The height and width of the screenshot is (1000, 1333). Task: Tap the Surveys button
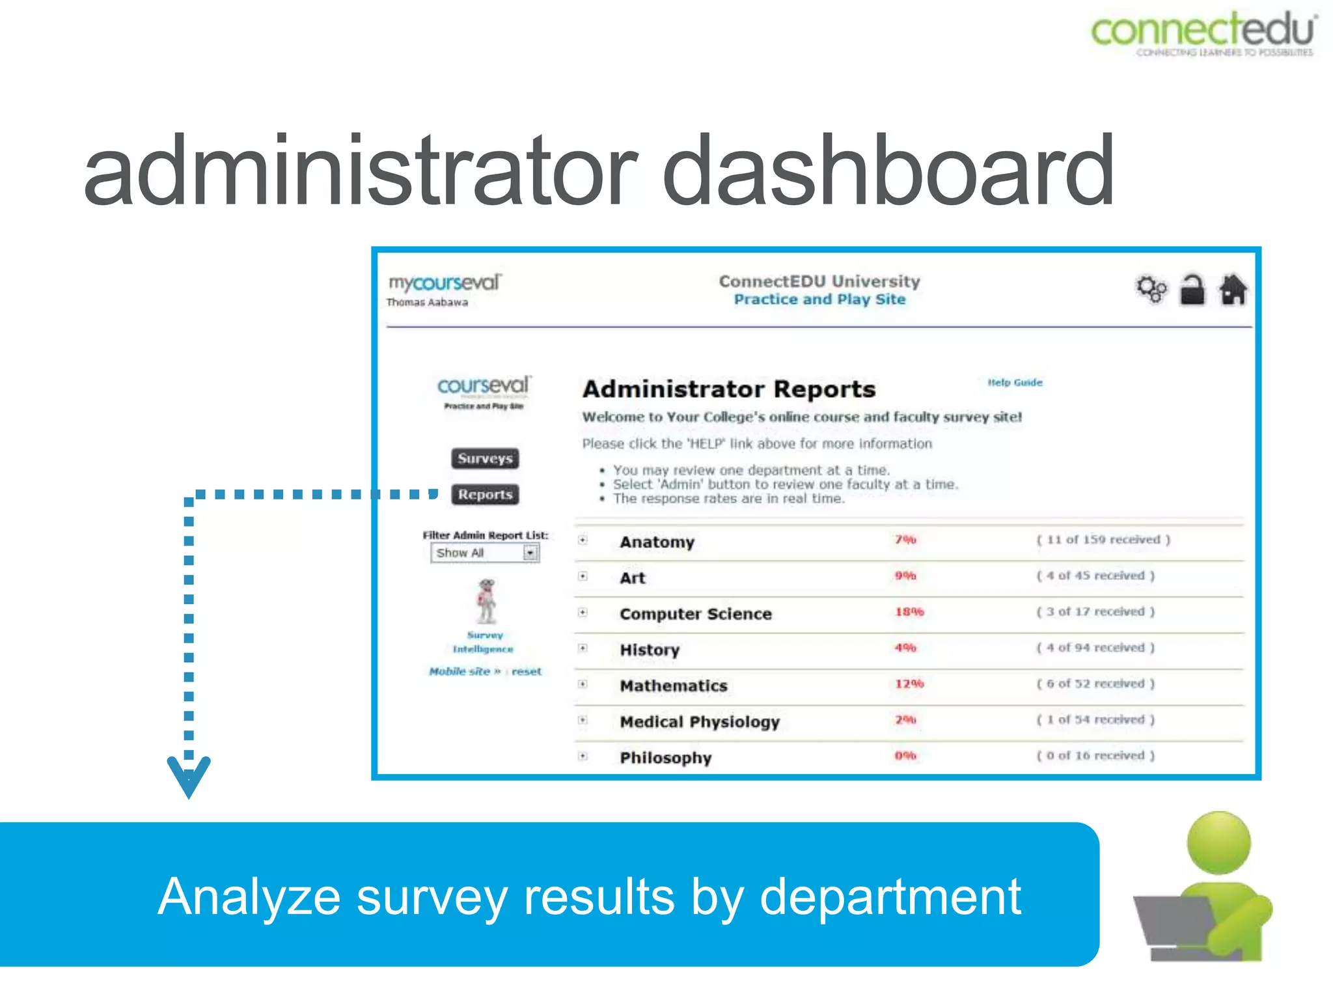tap(485, 458)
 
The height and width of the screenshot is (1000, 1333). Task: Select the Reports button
tap(485, 495)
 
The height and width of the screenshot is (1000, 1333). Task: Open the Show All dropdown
tap(530, 553)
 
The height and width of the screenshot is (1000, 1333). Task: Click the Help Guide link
tap(1015, 383)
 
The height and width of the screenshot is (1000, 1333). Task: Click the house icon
tap(1233, 290)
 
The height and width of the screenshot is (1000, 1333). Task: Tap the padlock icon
tap(1192, 290)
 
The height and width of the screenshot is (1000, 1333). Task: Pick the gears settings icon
tap(1151, 290)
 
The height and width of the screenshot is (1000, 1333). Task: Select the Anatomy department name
tap(657, 542)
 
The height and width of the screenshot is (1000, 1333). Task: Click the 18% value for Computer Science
tap(909, 612)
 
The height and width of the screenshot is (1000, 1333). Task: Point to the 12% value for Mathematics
tap(909, 684)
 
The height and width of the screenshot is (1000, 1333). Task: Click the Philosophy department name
tap(665, 758)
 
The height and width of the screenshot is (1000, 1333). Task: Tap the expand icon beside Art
tap(583, 576)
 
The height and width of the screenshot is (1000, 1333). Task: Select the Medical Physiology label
tap(699, 722)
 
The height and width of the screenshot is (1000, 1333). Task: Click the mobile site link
tap(464, 671)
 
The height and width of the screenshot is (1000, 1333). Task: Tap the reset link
tap(527, 671)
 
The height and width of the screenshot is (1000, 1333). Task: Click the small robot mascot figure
tap(486, 601)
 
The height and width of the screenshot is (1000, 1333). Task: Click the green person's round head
tap(1218, 843)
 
